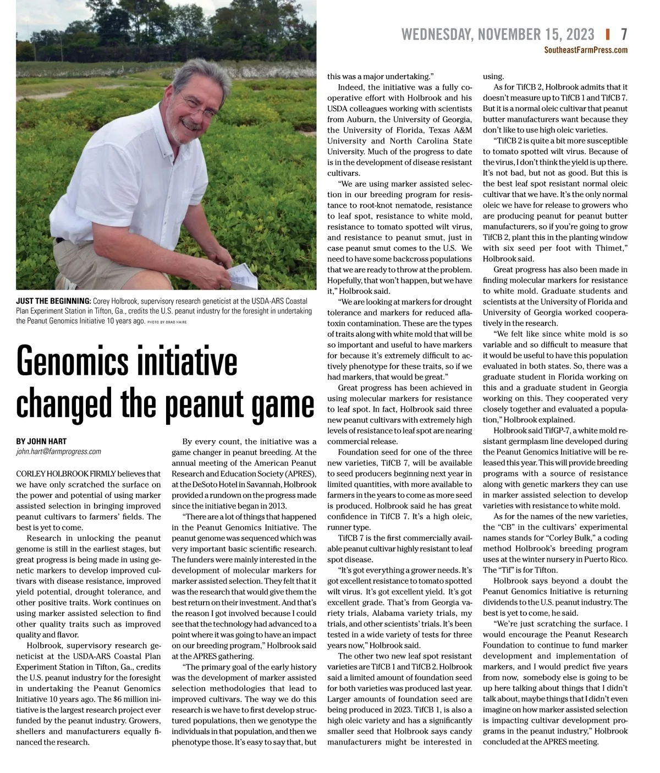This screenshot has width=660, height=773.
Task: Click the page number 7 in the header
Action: coord(624,35)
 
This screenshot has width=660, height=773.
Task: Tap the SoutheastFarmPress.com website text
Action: coord(586,50)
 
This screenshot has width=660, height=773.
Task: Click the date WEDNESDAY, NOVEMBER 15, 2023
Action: coord(498,35)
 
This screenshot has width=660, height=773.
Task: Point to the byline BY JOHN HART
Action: coord(41,441)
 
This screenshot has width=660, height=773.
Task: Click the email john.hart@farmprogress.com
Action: coord(58,452)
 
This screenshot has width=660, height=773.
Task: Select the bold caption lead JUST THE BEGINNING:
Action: coord(53,301)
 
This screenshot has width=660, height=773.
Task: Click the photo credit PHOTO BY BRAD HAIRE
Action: coord(167,322)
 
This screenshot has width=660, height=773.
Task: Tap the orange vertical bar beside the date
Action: coord(608,35)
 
